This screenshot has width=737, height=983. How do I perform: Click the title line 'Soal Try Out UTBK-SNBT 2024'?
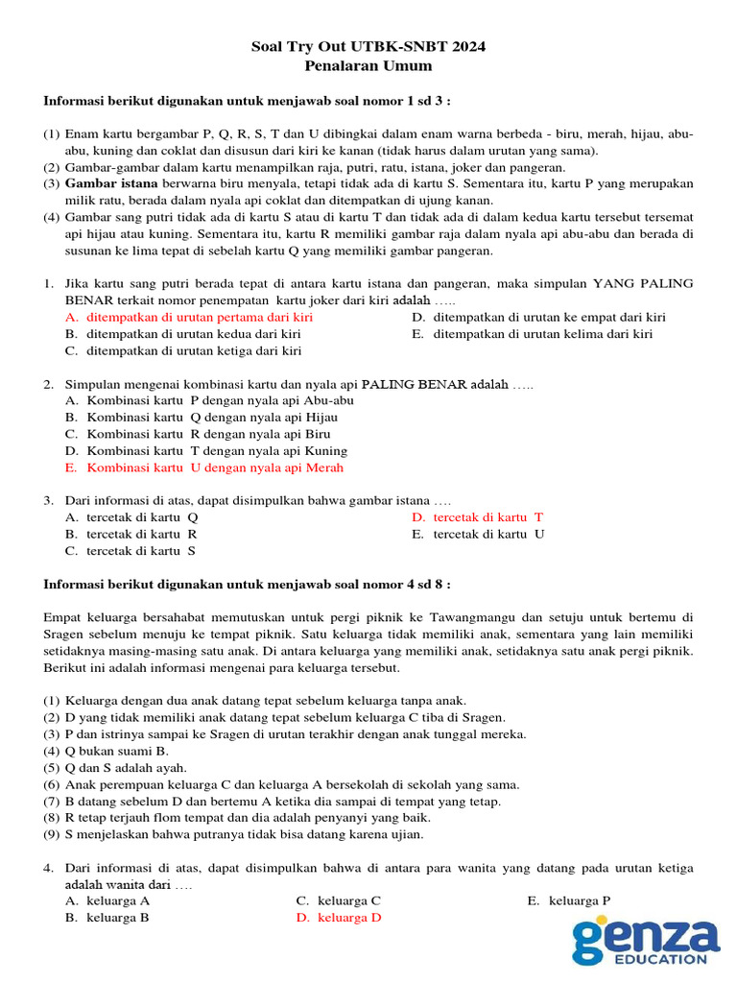point(368,47)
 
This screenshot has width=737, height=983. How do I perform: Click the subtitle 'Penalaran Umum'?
point(368,66)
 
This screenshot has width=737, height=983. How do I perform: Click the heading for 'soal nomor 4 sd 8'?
point(247,584)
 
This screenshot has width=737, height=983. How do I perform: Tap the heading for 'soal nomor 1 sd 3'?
point(247,101)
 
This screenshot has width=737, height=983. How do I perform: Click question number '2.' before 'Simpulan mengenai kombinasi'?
point(48,384)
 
